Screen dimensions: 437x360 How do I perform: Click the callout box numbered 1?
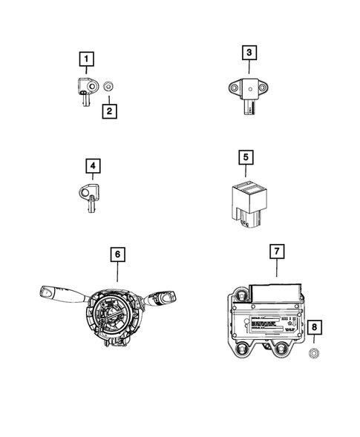pos(88,58)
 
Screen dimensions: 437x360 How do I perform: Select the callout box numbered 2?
pos(108,111)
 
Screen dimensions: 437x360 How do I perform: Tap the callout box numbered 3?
pos(249,52)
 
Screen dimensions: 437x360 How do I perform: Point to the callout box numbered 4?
pos(93,165)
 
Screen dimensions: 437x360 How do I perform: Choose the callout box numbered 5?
pos(246,157)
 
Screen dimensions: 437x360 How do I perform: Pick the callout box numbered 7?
pos(275,252)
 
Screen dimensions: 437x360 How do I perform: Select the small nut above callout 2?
pos(108,87)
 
